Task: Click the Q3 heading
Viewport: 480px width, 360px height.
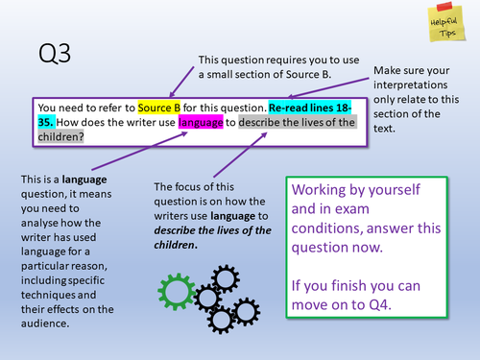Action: pos(56,51)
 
